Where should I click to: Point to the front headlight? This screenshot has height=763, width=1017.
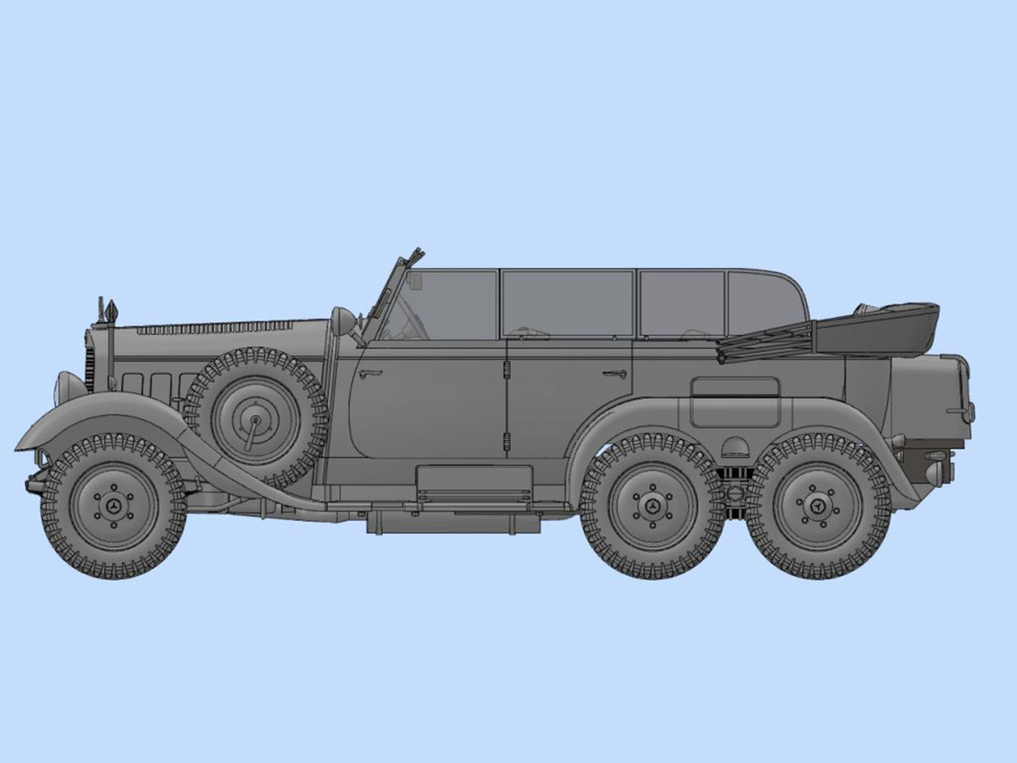point(70,387)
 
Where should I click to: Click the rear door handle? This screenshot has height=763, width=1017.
point(615,374)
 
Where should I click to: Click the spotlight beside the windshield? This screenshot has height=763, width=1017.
point(343,320)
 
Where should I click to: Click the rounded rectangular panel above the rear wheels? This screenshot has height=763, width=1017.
point(735,388)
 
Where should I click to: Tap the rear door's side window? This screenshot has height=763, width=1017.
point(567,303)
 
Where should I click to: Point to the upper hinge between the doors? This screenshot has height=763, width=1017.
point(505,371)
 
